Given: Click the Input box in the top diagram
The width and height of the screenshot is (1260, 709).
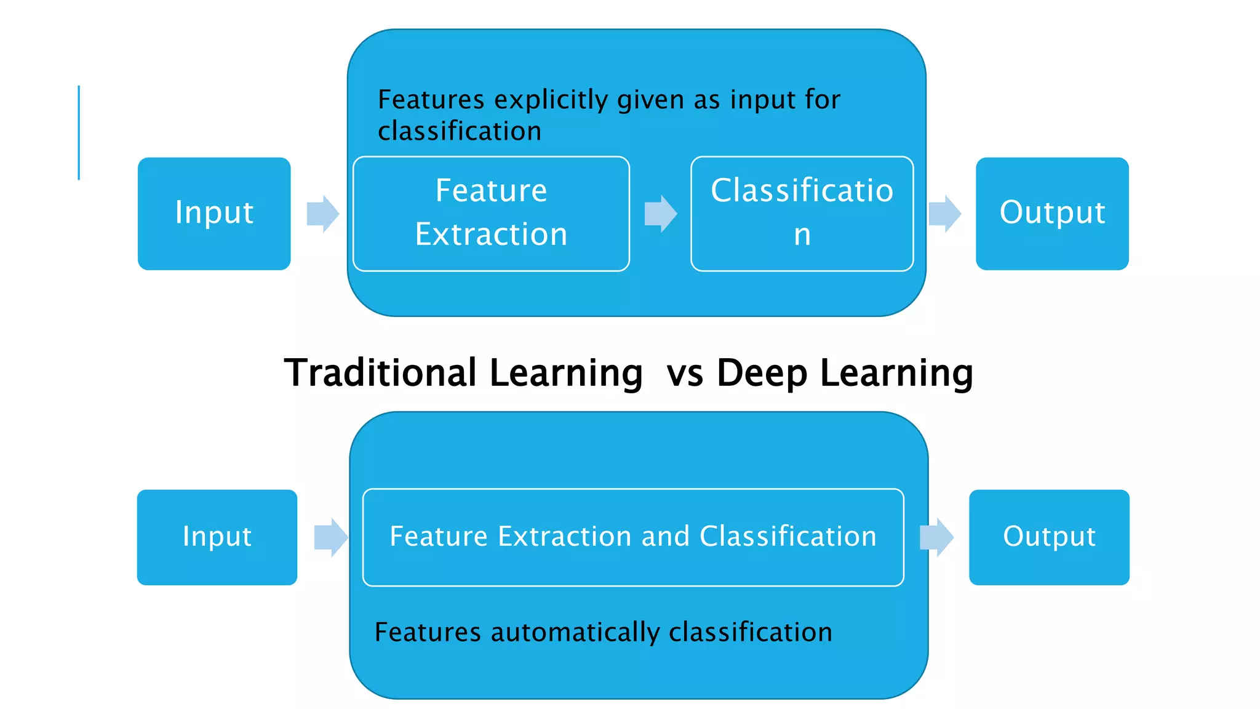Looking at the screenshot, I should (x=213, y=213).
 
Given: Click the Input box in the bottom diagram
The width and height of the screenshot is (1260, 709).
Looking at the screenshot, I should (x=217, y=537).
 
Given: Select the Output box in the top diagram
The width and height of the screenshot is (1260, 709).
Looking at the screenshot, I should (x=1051, y=213).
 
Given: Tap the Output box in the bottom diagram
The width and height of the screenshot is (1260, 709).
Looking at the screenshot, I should (x=1048, y=537).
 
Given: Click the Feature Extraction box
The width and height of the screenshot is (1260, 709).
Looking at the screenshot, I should (x=491, y=213).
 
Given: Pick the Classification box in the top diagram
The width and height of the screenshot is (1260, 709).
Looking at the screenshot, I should (x=801, y=213).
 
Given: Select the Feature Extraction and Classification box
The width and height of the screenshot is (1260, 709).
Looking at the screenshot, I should (x=632, y=537).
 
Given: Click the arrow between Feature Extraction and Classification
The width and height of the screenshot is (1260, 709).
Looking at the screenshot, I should (x=661, y=214).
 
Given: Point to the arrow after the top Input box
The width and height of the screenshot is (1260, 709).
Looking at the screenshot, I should (x=323, y=214).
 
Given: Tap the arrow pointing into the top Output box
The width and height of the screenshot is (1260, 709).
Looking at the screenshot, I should (x=945, y=214).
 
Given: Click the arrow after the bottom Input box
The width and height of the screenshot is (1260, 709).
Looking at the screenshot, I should (x=331, y=537).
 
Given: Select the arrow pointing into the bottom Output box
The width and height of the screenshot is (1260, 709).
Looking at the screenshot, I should (x=936, y=537).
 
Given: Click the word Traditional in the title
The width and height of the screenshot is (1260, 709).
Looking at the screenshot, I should (x=380, y=373).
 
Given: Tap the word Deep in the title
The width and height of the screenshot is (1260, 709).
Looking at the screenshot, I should (x=762, y=373).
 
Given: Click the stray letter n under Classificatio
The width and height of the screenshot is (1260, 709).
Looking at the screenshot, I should (x=802, y=235).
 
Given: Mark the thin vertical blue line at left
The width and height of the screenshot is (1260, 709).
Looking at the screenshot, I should (x=79, y=132).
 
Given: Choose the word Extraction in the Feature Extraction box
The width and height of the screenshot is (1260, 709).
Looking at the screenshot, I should (x=491, y=234).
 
